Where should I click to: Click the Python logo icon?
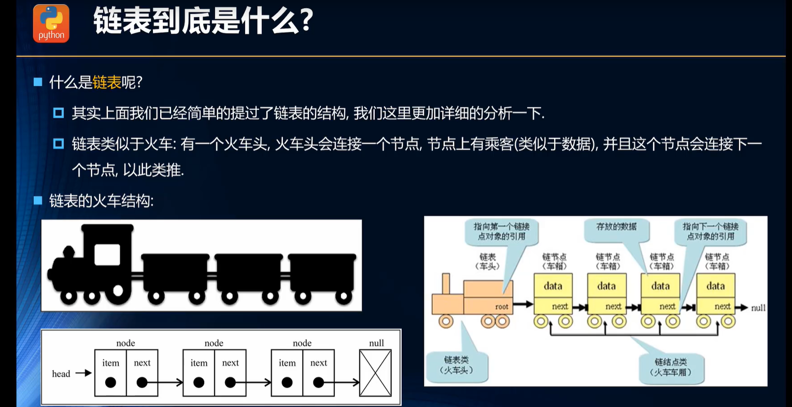[x=51, y=23]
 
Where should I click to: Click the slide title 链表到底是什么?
[x=203, y=22]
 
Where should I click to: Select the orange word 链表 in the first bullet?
[x=106, y=82]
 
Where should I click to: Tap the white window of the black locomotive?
[x=107, y=255]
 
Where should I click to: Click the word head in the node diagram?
[x=61, y=374]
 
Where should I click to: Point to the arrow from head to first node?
[x=83, y=373]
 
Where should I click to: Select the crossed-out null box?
[x=375, y=373]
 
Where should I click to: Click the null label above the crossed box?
[x=376, y=343]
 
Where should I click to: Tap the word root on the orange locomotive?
[x=501, y=307]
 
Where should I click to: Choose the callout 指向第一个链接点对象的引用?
[x=501, y=231]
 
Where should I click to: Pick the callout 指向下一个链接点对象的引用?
[x=711, y=231]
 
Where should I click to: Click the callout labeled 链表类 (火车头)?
[x=456, y=365]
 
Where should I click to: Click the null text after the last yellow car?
[x=758, y=308]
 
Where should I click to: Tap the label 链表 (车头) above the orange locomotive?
[x=487, y=261]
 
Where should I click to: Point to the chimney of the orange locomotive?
[x=445, y=284]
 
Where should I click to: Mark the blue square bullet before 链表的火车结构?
[x=38, y=201]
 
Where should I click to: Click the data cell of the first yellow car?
[x=553, y=286]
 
